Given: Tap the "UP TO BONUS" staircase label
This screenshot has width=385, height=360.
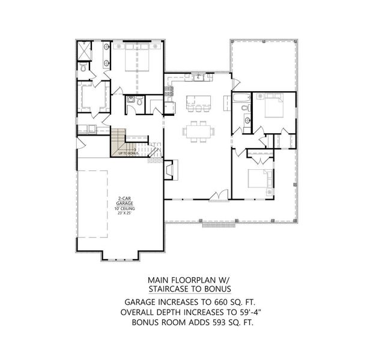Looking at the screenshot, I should tap(129, 154).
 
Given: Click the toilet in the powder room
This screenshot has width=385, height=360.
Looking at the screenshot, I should tap(139, 102).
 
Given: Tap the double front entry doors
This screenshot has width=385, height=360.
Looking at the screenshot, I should tap(223, 195).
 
